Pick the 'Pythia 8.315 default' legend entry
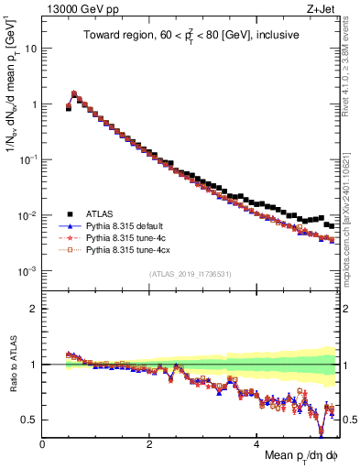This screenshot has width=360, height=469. (125, 225)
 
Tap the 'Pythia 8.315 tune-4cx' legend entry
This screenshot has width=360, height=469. (127, 249)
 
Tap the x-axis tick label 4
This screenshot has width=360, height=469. (257, 445)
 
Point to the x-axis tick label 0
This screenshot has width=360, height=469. (43, 445)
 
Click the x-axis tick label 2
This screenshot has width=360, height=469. (150, 445)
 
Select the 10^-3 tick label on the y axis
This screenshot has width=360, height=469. (27, 272)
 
